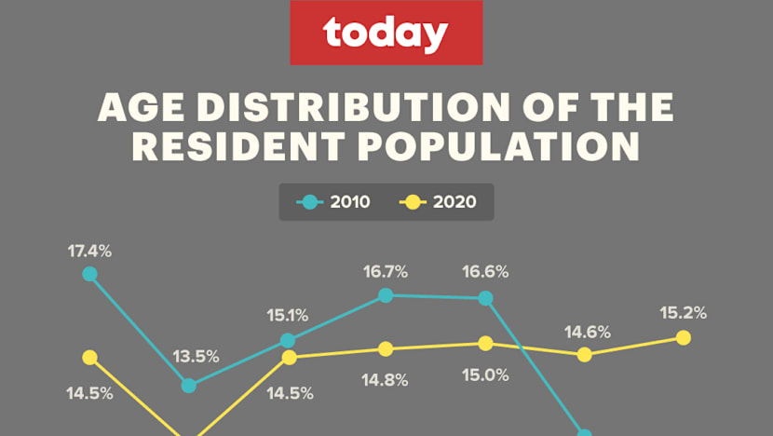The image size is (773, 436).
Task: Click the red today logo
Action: [x=386, y=34]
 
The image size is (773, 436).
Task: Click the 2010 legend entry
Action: [x=332, y=201]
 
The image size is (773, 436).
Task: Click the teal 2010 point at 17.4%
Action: [x=89, y=274]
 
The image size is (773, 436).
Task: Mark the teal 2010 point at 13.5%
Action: [x=189, y=386]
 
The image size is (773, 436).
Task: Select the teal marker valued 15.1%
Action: [x=288, y=340]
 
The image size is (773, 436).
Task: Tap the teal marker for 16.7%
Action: [x=386, y=295]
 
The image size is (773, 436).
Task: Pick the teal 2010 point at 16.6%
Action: [x=485, y=298]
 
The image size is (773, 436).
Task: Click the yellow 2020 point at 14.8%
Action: [x=386, y=348]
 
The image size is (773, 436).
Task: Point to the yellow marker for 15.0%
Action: [x=485, y=343]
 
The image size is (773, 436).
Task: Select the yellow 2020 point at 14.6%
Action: [x=584, y=354]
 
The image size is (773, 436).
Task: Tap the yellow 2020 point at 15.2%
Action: [x=683, y=337]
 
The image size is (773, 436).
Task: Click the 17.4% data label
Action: [x=89, y=251]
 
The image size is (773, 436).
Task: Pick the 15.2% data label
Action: [x=684, y=313]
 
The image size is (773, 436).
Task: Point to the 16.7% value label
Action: [x=386, y=272]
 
